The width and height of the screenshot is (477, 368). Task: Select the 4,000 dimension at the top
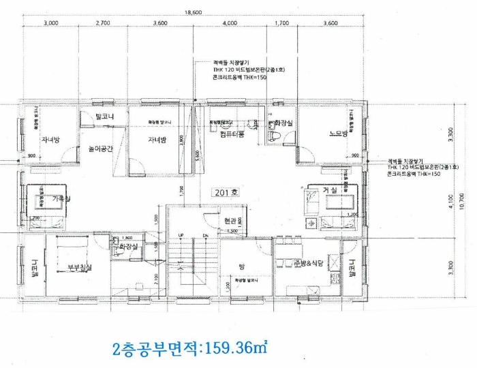(230, 23)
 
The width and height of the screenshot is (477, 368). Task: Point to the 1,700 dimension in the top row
(281, 23)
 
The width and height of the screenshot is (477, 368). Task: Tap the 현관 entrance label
(230, 221)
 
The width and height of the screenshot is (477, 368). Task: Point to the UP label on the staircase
(181, 236)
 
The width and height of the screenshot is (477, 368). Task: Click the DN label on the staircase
(206, 236)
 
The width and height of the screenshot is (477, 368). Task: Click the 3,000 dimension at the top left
(50, 23)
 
